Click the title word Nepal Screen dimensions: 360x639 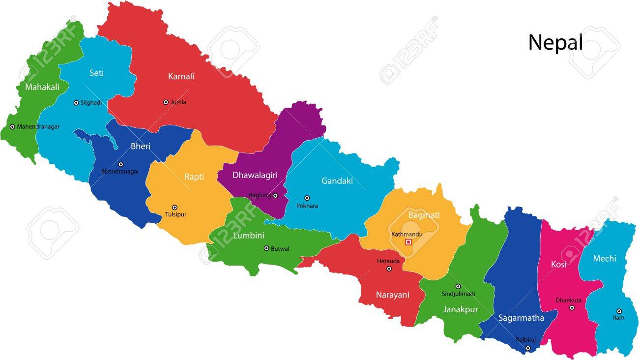(x=555, y=43)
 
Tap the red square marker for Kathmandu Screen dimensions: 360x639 (x=408, y=242)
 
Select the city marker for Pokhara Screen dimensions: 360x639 (x=307, y=198)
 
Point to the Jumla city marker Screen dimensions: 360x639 (x=166, y=102)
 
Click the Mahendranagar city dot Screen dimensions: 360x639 (x=12, y=127)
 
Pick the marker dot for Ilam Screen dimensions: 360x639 (x=619, y=311)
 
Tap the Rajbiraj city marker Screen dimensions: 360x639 (x=528, y=348)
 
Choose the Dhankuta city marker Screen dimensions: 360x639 (x=572, y=308)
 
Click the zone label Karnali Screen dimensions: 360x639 (x=181, y=76)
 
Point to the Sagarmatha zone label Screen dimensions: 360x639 (x=521, y=318)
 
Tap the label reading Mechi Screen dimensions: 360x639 (x=604, y=258)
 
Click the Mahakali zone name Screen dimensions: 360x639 (x=42, y=87)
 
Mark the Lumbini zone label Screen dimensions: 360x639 (x=249, y=236)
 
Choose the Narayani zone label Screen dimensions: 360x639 (x=392, y=295)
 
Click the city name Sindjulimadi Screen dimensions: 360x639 (x=458, y=294)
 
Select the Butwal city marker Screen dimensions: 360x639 (x=266, y=248)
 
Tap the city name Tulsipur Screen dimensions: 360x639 (x=175, y=214)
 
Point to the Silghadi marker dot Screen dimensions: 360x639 (x=76, y=103)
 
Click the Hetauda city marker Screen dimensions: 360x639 (x=389, y=269)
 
